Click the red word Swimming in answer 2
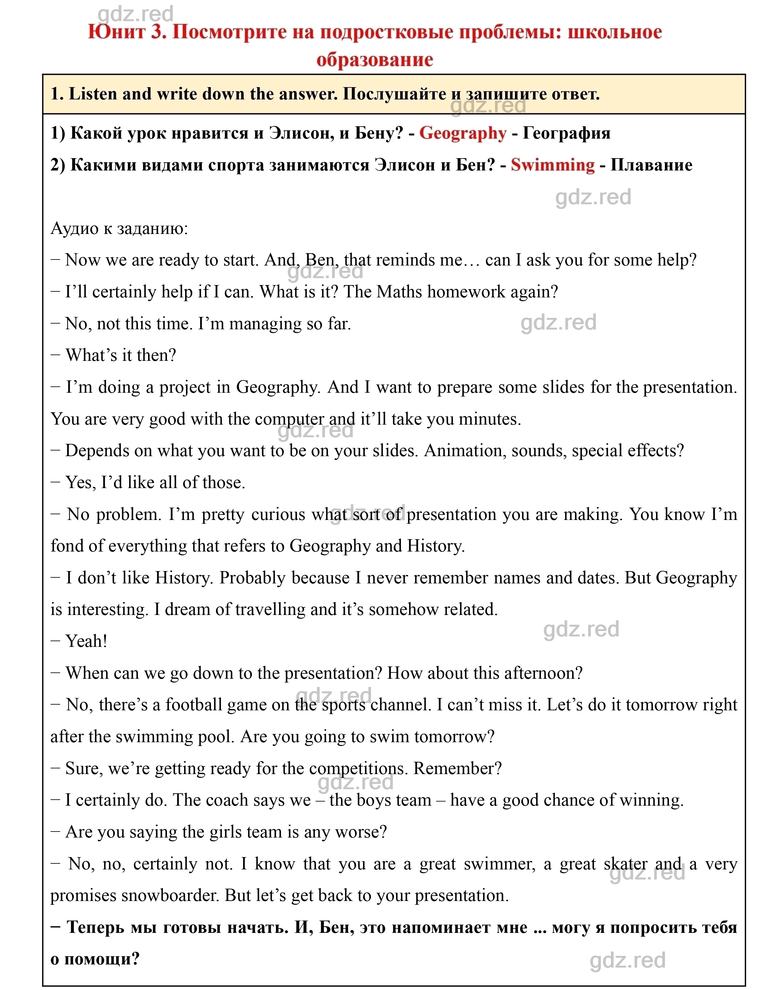[x=553, y=165]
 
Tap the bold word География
[x=567, y=133]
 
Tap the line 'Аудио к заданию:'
[x=119, y=228]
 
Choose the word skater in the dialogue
[x=626, y=864]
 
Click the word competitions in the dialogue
[x=358, y=768]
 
